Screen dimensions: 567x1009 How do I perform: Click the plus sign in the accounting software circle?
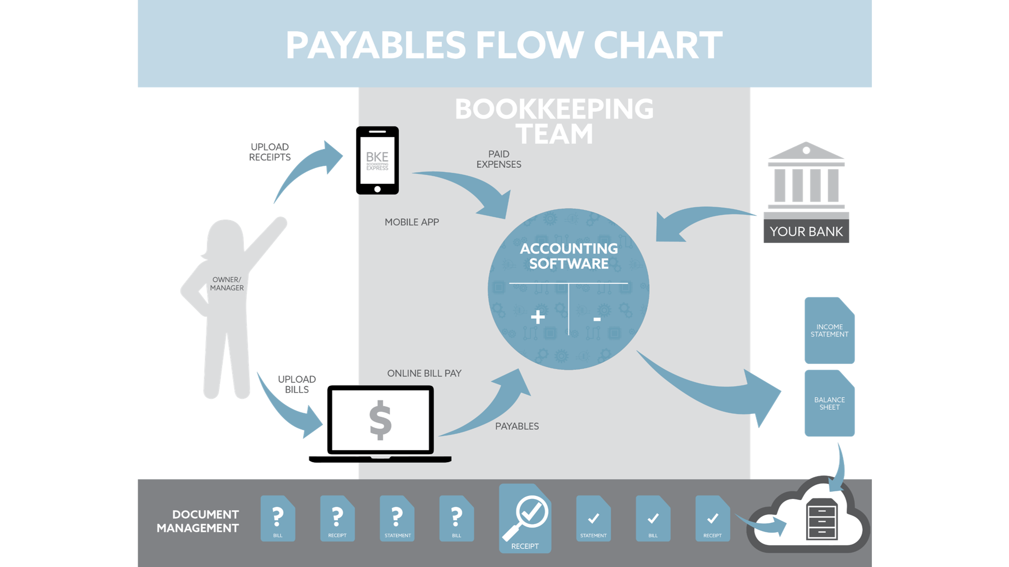(538, 317)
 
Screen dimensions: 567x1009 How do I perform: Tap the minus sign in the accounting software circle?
(597, 319)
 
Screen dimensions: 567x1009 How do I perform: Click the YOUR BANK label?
(806, 231)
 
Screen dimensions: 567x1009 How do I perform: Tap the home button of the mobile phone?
(377, 189)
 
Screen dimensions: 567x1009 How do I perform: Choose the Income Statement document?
(829, 331)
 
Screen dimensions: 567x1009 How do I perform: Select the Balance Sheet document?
(829, 403)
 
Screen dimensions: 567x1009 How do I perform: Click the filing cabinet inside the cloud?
(822, 520)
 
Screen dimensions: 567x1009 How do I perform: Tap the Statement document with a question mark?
(397, 519)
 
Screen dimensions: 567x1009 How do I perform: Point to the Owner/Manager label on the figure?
(227, 284)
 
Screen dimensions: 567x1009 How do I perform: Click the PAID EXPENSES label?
(498, 159)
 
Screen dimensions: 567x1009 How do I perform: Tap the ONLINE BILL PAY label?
(424, 373)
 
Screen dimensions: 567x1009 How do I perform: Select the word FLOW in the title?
(529, 45)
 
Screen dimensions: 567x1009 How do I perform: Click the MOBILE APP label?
(412, 222)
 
